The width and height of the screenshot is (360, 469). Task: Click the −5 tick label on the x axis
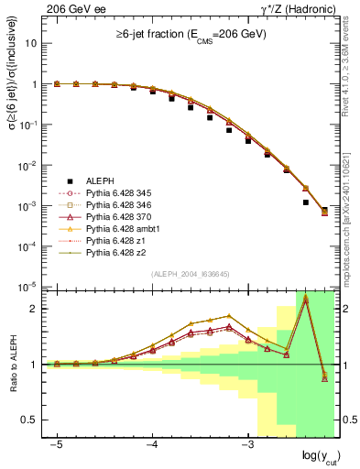[56, 444]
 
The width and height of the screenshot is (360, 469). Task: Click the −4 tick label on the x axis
[152, 444]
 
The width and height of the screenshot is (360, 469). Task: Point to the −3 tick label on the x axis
[247, 444]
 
